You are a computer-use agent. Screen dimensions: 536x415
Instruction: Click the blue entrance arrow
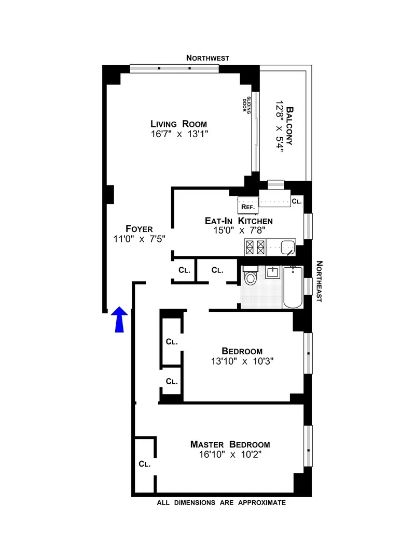(120, 319)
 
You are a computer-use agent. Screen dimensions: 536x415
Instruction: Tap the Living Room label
(178, 124)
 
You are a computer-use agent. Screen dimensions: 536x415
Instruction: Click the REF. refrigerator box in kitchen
(247, 206)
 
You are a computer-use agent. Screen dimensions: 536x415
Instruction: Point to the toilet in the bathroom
(250, 277)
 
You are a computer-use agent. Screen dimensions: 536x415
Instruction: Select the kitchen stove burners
(255, 247)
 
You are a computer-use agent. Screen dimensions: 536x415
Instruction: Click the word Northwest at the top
(208, 59)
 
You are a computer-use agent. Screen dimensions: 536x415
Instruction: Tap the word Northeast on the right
(318, 281)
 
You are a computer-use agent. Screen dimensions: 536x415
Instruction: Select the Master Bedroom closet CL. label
(144, 464)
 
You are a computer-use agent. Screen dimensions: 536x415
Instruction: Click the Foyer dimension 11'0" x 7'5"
(139, 239)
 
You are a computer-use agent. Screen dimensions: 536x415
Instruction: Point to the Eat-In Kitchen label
(238, 221)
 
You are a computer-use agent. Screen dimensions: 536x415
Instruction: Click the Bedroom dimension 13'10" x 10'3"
(241, 361)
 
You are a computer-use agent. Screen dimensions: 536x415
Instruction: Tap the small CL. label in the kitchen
(296, 201)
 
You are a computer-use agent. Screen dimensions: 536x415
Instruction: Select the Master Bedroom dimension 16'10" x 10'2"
(230, 455)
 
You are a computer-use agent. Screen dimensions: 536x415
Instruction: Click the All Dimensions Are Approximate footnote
(221, 503)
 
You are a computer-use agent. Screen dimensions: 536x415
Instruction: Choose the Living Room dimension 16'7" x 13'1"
(178, 135)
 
